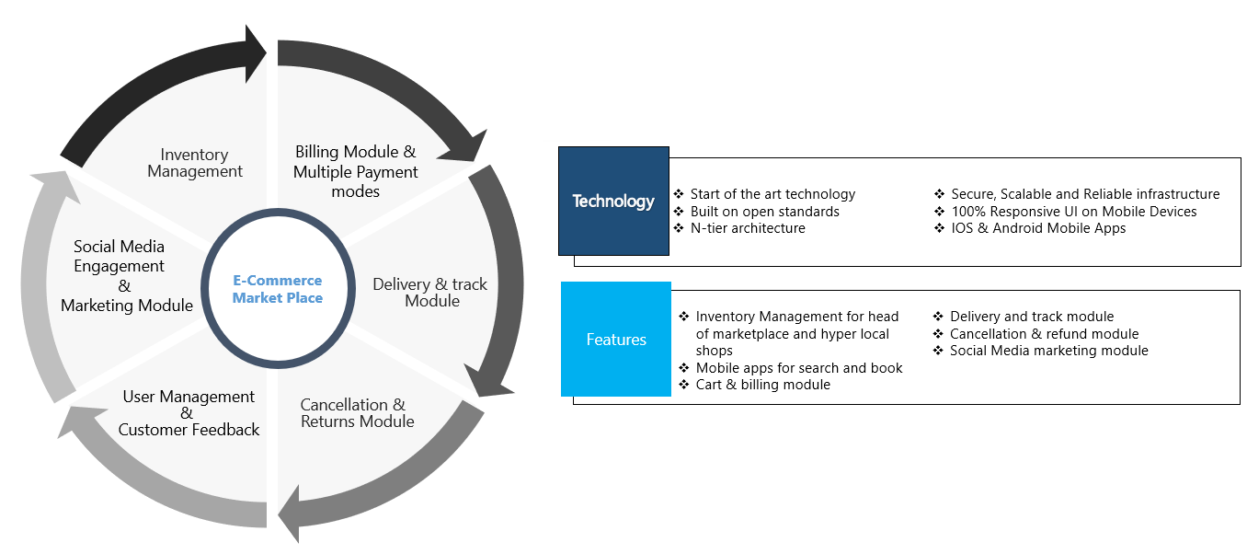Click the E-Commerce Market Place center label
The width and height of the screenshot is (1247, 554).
point(277,289)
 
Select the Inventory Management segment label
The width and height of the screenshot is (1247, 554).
point(195,163)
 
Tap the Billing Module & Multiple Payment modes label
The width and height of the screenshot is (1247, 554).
point(355,171)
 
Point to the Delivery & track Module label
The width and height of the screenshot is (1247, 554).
point(429,292)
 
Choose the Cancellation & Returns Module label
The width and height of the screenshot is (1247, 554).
point(357,413)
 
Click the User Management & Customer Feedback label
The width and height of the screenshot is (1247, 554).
point(189,413)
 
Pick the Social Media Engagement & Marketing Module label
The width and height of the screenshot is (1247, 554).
point(126,276)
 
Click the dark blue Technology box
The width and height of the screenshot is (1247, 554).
point(613,202)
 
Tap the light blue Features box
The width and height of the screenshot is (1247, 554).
point(616,339)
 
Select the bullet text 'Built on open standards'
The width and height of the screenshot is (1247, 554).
point(764,212)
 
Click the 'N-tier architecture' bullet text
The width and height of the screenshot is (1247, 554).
point(748,228)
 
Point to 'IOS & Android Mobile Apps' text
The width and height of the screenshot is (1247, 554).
point(1038,228)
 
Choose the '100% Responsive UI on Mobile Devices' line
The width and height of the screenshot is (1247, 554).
point(1074,212)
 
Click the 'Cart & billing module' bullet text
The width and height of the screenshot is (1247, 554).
point(762,385)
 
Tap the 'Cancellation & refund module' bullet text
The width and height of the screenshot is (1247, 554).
point(1044,334)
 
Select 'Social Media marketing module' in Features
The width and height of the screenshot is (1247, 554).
point(1048,351)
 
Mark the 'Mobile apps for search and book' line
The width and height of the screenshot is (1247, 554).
point(799,368)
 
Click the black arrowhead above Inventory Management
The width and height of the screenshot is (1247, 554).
point(255,53)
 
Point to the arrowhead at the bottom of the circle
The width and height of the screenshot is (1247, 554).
point(289,514)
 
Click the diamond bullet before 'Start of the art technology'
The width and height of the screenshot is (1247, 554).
point(679,194)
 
